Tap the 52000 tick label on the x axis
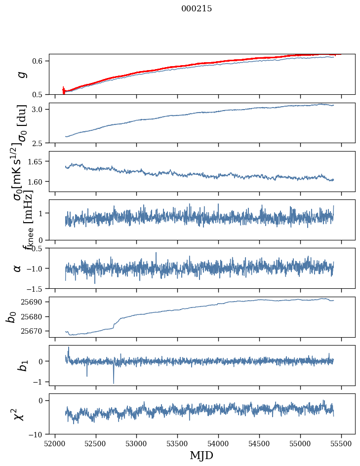[55, 443]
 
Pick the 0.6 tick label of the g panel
[39, 61]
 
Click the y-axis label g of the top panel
[21, 75]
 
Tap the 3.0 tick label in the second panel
[39, 109]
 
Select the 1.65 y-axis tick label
[37, 161]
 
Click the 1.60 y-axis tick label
[37, 182]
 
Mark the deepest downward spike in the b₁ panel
[114, 383]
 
